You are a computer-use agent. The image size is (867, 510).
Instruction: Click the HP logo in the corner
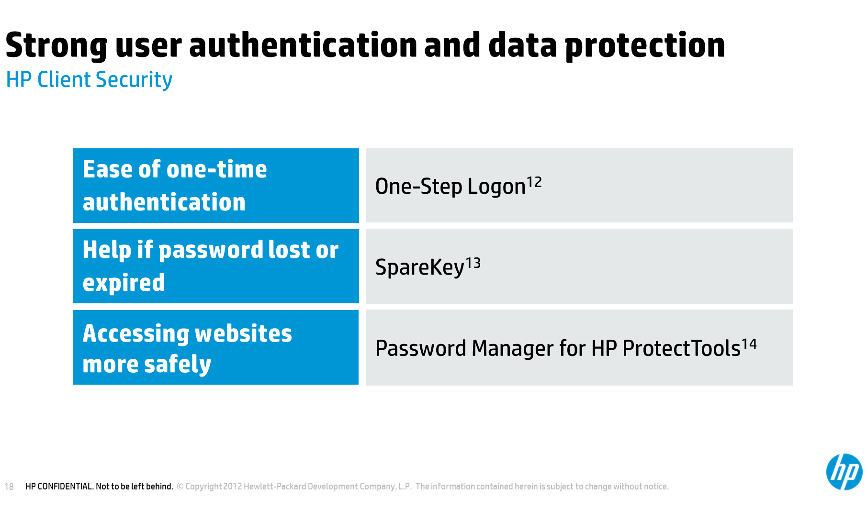point(844,472)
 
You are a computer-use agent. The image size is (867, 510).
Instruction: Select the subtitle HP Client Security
point(89,80)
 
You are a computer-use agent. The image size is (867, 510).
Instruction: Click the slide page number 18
point(9,487)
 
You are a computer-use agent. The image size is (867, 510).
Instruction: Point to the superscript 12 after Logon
point(534,182)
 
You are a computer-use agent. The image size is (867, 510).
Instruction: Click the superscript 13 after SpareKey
point(473,263)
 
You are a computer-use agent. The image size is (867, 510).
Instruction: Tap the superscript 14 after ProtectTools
point(749,344)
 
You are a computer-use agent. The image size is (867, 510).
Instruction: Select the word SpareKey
point(420,267)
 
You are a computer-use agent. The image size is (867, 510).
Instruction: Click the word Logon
point(496,187)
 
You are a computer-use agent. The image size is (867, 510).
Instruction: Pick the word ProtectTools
point(681,348)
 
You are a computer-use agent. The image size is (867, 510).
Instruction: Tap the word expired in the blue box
point(124,283)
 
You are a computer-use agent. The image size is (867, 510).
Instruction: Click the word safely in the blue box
point(178,365)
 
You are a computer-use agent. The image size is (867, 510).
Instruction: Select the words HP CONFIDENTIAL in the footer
point(59,487)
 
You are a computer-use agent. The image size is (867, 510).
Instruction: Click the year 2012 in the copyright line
point(233,487)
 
